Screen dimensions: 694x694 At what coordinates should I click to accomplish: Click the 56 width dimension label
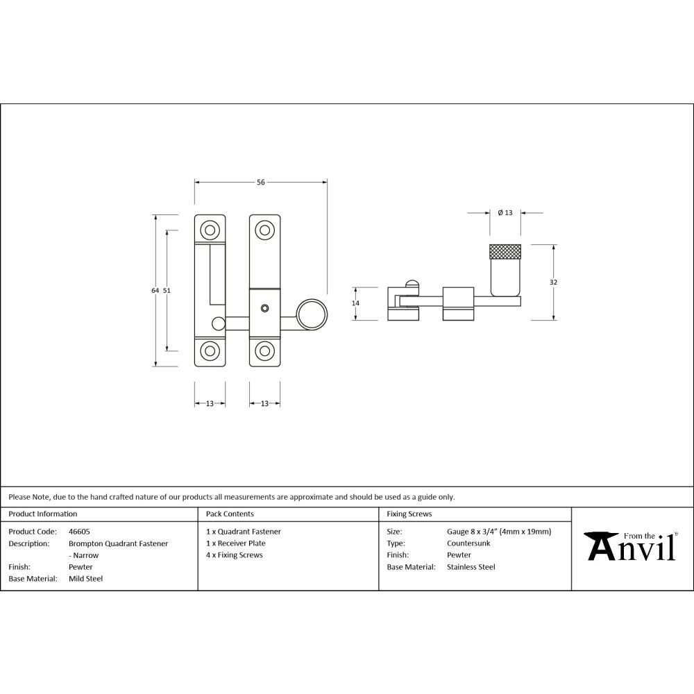click(x=261, y=183)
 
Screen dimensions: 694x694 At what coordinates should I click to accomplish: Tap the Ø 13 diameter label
click(x=505, y=212)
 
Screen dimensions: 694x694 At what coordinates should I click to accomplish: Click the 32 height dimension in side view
click(x=553, y=282)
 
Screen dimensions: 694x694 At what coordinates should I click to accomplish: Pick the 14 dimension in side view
click(x=356, y=303)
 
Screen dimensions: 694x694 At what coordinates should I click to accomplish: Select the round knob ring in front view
click(x=312, y=314)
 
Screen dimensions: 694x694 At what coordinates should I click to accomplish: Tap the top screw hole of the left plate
click(x=209, y=230)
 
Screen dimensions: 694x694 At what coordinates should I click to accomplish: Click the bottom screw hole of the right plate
click(x=264, y=351)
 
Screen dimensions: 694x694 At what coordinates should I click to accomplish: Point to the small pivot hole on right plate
click(x=264, y=307)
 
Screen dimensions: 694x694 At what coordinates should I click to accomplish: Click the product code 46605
click(x=79, y=532)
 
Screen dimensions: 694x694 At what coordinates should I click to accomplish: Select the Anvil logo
click(x=631, y=547)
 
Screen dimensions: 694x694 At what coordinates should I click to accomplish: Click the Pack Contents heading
click(x=230, y=514)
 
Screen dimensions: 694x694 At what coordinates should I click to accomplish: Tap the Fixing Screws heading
click(x=409, y=514)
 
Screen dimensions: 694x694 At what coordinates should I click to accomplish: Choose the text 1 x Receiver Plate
click(x=235, y=543)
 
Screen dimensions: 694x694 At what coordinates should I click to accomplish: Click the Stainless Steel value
click(x=471, y=567)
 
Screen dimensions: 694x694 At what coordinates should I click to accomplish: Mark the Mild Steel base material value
click(x=85, y=579)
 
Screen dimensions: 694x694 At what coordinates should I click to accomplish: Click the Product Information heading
click(x=42, y=514)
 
